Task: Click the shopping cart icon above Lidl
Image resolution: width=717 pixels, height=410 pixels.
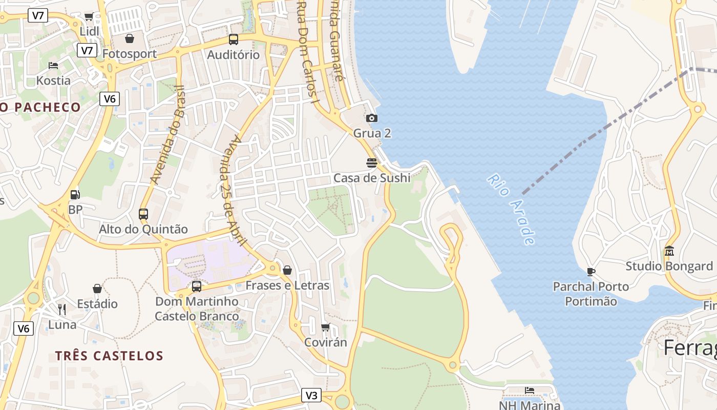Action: click(89, 17)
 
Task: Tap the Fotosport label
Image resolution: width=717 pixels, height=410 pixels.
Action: click(129, 54)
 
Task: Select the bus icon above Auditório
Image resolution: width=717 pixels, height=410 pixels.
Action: click(234, 39)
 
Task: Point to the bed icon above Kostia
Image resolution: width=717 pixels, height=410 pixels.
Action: click(53, 66)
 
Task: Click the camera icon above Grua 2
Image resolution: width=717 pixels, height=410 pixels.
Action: click(372, 118)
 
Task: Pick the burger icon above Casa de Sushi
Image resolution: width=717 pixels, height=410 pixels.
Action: click(372, 163)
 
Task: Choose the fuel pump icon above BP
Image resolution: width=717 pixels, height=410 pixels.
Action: click(75, 195)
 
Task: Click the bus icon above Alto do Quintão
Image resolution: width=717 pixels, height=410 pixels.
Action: click(143, 214)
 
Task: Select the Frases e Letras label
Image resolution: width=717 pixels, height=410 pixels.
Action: click(287, 285)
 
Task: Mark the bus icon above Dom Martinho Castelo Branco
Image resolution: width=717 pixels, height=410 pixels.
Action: click(197, 286)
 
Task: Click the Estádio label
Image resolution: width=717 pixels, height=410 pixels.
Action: click(97, 304)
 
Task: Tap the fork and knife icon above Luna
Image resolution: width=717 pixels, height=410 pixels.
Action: click(62, 310)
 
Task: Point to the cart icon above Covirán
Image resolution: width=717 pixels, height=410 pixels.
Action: click(325, 327)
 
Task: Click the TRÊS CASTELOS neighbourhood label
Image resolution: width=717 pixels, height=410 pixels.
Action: click(109, 356)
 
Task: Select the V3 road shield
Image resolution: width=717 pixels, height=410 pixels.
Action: click(311, 395)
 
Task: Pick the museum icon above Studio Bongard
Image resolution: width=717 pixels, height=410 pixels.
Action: click(669, 251)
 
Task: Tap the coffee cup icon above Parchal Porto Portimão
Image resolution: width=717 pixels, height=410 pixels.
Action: click(591, 272)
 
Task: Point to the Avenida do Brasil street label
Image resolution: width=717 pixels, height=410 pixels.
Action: click(167, 134)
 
